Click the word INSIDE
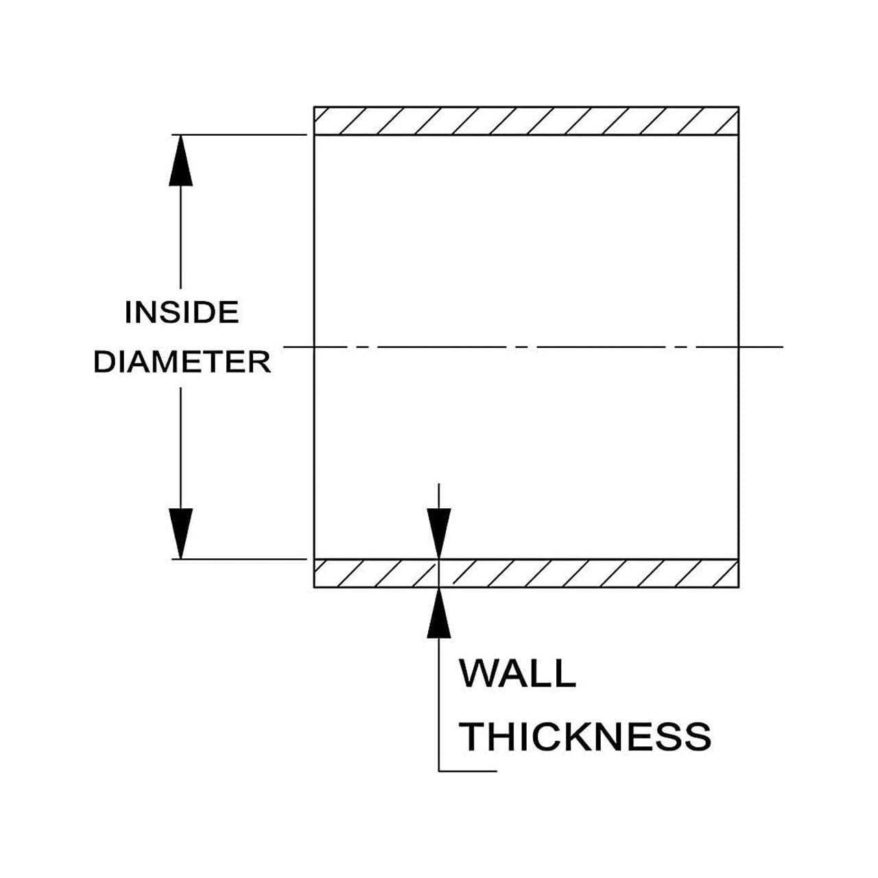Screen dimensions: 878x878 (182, 313)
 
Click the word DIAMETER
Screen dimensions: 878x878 (182, 362)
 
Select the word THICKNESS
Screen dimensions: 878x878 (585, 736)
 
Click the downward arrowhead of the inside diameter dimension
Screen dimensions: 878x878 (180, 534)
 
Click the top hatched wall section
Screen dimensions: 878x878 (526, 121)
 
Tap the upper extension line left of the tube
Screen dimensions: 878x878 (240, 134)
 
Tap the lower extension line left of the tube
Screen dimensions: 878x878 (240, 559)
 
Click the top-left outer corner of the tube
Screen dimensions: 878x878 (314, 107)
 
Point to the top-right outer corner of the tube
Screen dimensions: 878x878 (739, 107)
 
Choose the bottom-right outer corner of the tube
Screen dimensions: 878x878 (739, 588)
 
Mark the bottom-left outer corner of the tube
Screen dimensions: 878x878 (314, 588)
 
